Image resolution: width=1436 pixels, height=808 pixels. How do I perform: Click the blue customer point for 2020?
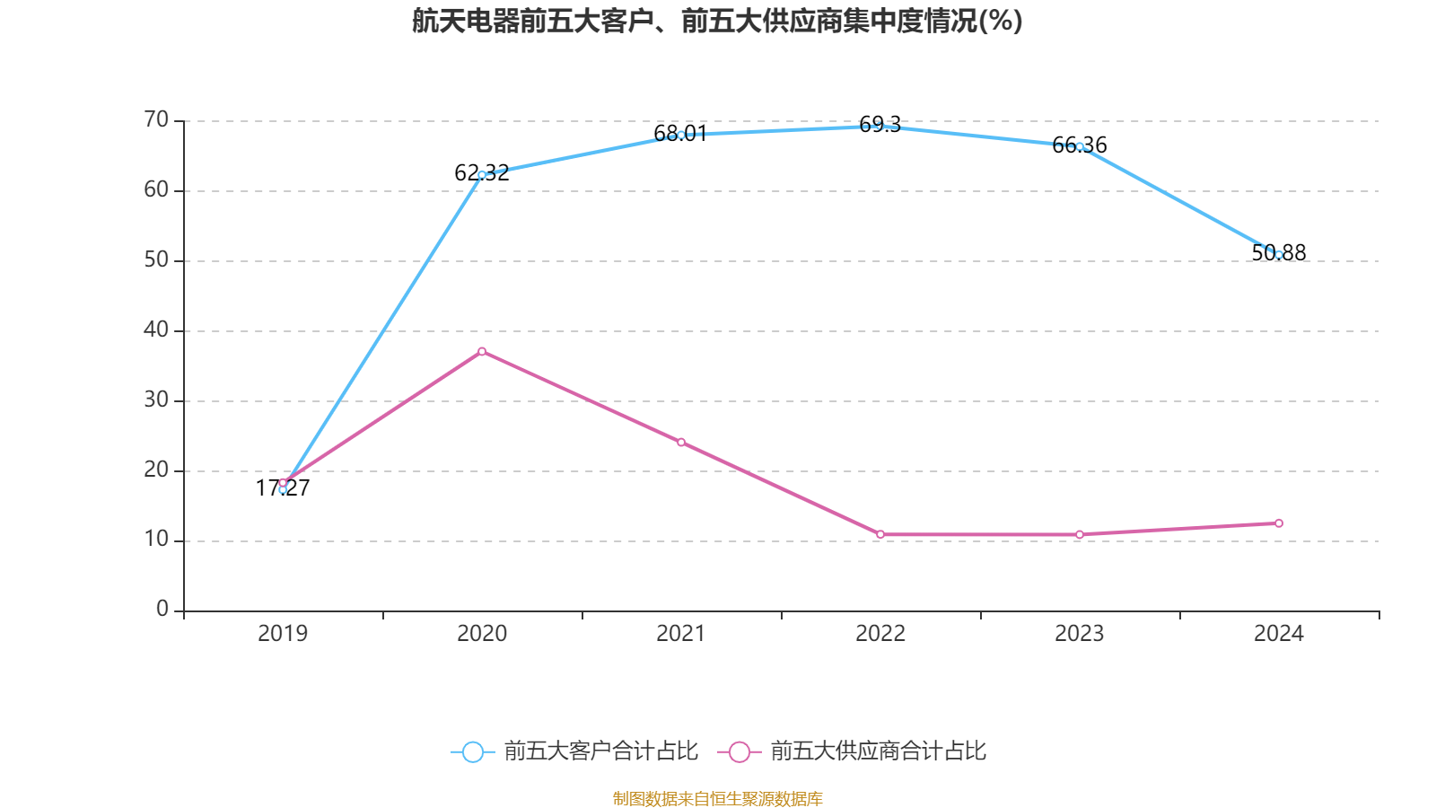482,175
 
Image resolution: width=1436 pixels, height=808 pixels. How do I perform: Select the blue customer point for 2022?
880,127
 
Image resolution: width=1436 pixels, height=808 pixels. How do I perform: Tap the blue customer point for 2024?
1279,255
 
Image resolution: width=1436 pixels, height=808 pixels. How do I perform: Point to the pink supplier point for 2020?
482,351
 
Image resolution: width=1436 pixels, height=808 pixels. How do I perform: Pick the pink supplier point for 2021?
681,443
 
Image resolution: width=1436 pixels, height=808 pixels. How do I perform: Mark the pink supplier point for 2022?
880,534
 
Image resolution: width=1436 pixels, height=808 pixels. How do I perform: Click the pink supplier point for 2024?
1279,523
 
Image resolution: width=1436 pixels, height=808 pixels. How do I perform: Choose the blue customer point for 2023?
1080,146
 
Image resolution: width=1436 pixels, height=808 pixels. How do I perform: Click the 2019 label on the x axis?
283,634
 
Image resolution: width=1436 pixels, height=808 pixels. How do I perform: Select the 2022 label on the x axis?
880,634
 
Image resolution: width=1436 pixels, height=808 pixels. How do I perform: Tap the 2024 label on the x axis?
1279,634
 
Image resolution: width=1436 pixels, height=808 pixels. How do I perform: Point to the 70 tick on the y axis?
156,120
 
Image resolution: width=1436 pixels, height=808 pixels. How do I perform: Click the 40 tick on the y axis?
156,330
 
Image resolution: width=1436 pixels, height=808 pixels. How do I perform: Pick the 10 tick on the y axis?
156,540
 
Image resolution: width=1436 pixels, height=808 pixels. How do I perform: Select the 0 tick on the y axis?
162,610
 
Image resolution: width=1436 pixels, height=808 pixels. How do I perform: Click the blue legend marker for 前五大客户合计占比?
473,751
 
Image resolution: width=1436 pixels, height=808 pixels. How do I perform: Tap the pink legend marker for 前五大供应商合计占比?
739,751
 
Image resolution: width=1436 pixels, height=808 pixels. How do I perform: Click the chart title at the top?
717,21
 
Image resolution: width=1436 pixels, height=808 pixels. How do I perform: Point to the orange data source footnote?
717,798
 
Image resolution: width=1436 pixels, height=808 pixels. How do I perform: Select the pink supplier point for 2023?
1080,534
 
